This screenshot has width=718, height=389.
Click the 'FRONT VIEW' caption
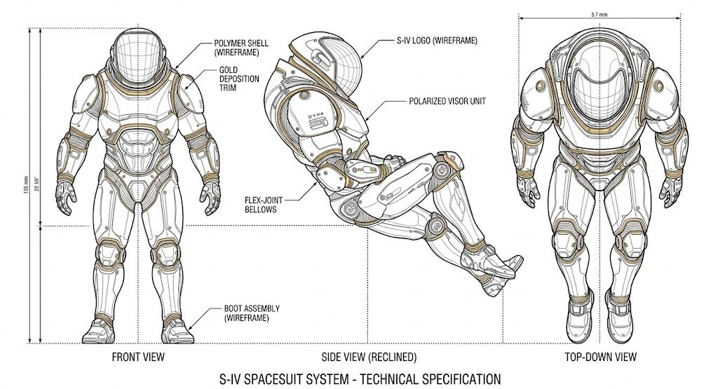coord(138,357)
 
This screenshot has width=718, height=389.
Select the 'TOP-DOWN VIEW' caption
coord(601,357)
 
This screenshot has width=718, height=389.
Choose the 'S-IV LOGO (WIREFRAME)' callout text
coord(435,41)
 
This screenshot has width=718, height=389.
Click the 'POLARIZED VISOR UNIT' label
coord(447,101)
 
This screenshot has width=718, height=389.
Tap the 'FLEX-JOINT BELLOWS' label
coord(263,203)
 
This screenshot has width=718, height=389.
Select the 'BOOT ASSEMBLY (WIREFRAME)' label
coord(250,313)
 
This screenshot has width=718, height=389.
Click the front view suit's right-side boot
coord(178,328)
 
